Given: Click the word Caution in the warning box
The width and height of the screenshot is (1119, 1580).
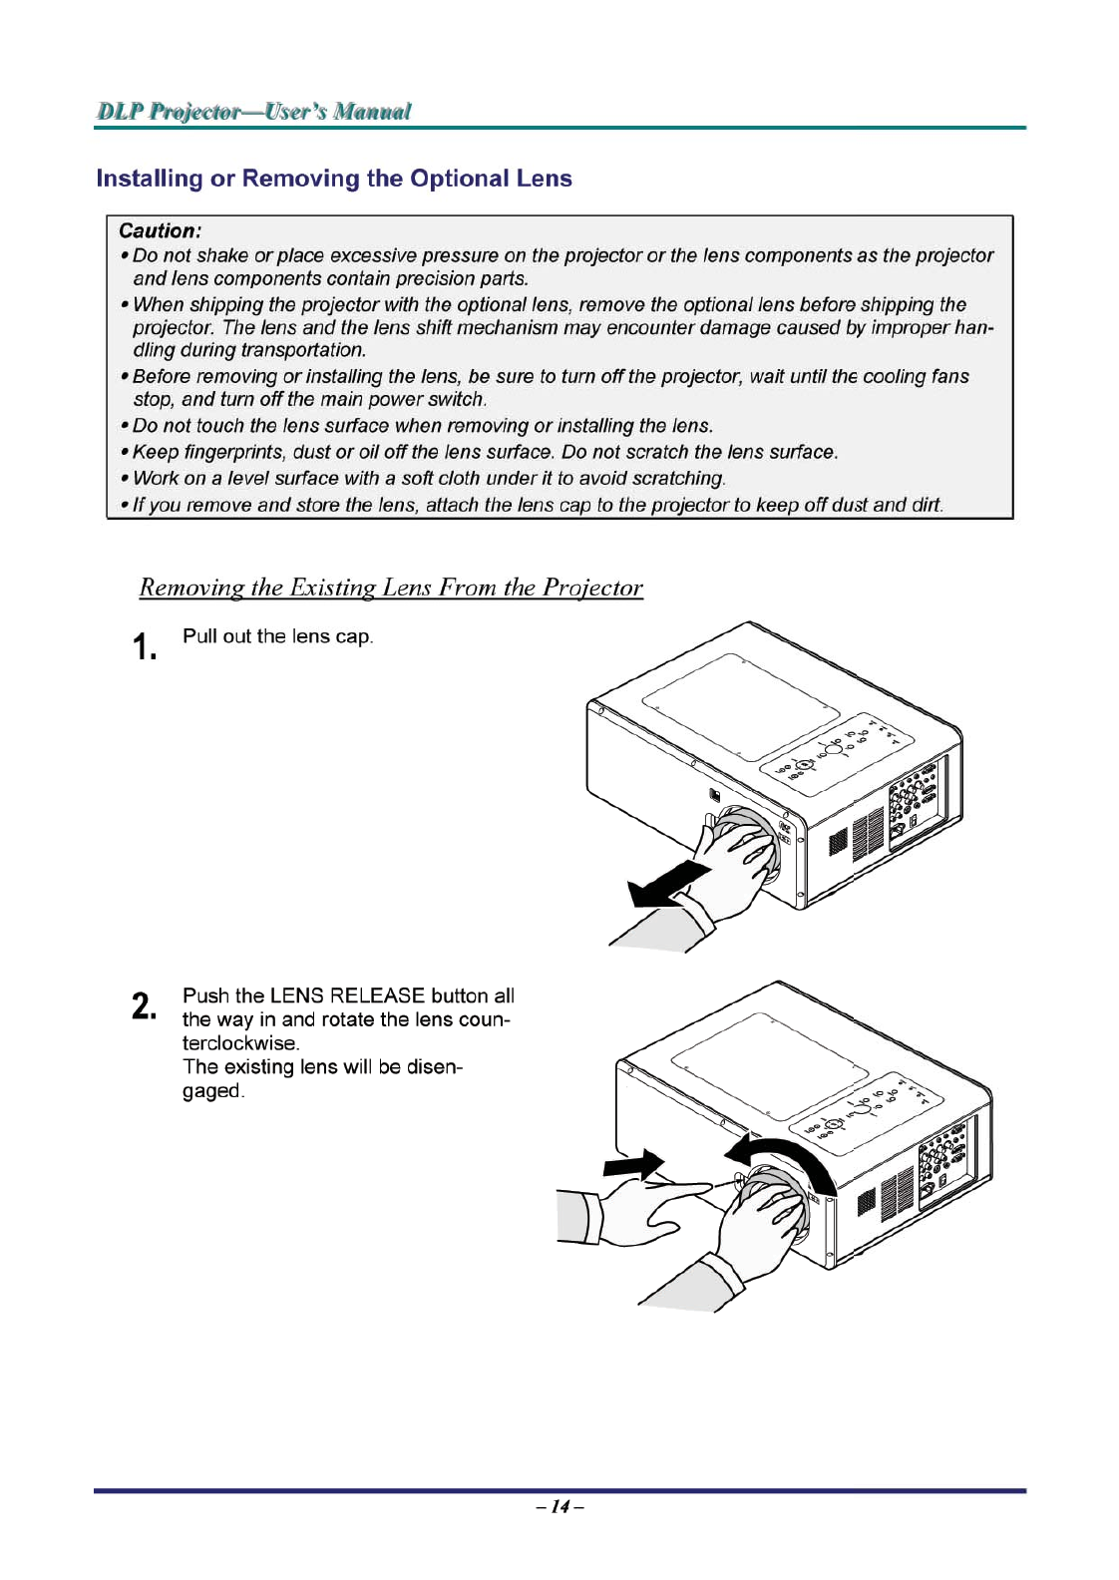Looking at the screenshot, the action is click(x=159, y=230).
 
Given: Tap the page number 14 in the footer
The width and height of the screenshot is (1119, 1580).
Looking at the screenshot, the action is click(x=559, y=1506).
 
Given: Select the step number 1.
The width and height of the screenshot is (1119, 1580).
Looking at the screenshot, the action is click(x=145, y=646).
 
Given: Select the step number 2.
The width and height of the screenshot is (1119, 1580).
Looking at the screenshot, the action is click(x=145, y=1005).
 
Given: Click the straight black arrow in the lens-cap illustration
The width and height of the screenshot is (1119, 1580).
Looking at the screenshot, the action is click(x=670, y=884).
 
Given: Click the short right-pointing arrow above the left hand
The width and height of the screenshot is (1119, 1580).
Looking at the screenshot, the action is click(x=633, y=1163).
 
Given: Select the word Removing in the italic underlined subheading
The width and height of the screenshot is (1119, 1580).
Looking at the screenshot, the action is click(x=186, y=587).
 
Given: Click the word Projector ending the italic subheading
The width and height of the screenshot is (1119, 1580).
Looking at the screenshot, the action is click(x=592, y=588).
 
